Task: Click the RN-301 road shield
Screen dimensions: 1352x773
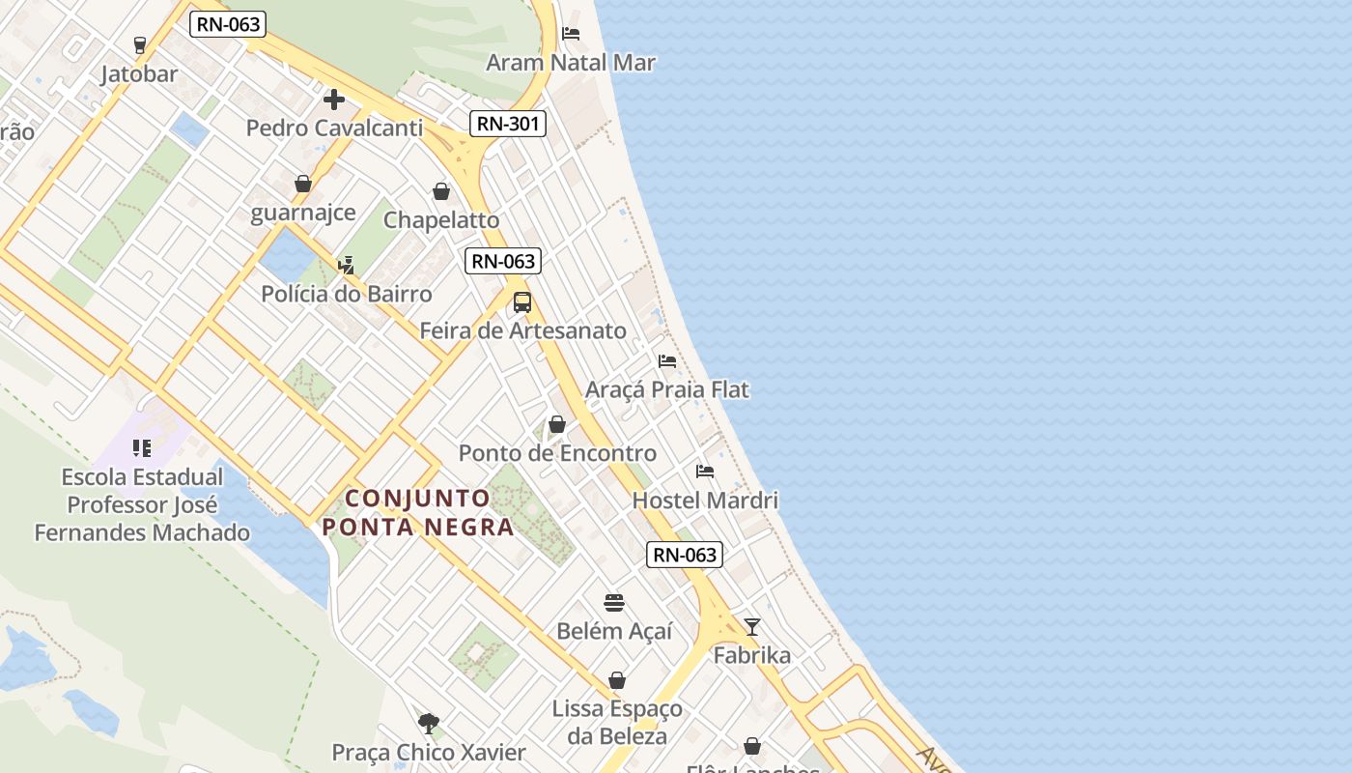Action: click(508, 124)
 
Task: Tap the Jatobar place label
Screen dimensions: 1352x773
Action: click(139, 74)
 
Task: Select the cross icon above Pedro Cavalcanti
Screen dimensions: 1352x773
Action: click(334, 99)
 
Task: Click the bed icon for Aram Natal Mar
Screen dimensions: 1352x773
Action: click(571, 34)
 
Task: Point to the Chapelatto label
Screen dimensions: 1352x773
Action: click(441, 219)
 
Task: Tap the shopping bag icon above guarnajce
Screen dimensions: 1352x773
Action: click(303, 184)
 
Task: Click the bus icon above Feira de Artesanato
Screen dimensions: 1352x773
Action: click(522, 301)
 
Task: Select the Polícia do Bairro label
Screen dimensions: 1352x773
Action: click(347, 294)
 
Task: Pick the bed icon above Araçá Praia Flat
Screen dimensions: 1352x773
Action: click(667, 361)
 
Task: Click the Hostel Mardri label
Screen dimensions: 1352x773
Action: click(705, 501)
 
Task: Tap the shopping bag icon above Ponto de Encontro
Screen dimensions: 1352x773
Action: click(557, 424)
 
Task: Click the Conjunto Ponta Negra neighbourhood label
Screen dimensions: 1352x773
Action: click(418, 513)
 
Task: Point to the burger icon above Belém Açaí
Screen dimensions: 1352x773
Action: click(614, 603)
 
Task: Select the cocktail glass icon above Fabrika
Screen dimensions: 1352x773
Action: click(752, 626)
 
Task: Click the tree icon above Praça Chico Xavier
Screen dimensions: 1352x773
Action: click(429, 723)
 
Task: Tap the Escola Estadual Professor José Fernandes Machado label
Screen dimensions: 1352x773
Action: click(142, 504)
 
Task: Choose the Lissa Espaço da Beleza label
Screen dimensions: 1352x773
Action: click(617, 722)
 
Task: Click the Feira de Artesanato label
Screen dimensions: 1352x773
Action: click(522, 330)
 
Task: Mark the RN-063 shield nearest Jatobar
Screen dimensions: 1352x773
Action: click(227, 24)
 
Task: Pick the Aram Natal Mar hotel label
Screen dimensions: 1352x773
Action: click(571, 63)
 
